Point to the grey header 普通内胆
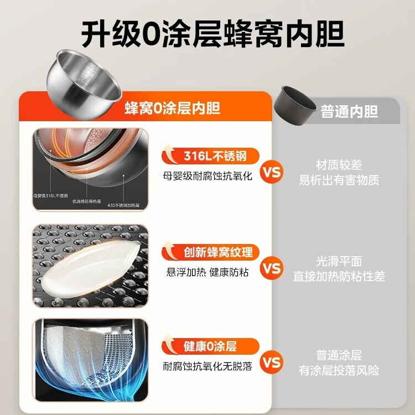tap(349, 111)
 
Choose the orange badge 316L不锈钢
tap(211, 157)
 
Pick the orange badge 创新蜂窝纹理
tap(211, 252)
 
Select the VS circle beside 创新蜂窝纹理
tap(272, 268)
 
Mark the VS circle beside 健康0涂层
tap(272, 363)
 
